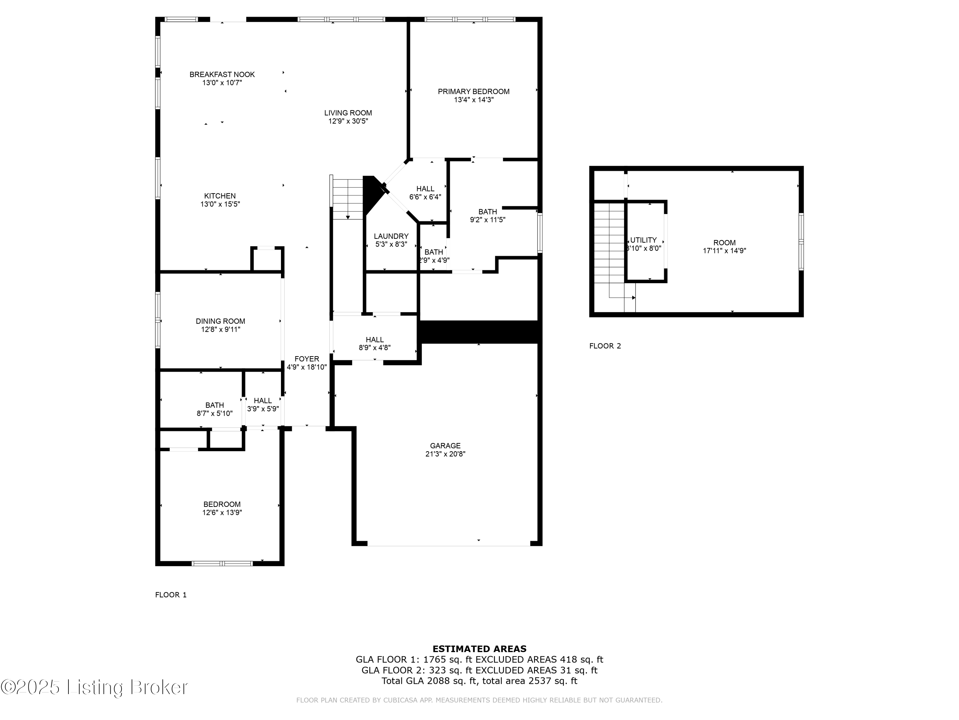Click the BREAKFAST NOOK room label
click(x=222, y=75)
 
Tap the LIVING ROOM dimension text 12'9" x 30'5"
click(x=348, y=121)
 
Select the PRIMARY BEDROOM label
click(x=473, y=92)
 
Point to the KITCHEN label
click(x=220, y=196)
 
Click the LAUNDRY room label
click(x=391, y=236)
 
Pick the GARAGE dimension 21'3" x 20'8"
click(x=445, y=454)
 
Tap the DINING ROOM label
click(x=220, y=321)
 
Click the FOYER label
click(x=307, y=359)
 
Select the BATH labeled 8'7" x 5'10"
click(x=214, y=405)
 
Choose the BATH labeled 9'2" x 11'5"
click(x=487, y=212)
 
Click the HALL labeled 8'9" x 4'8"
click(x=375, y=340)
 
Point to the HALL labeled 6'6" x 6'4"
click(x=425, y=189)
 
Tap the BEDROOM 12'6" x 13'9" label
click(x=222, y=504)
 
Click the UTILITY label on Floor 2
click(x=643, y=240)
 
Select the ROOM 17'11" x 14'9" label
click(x=724, y=243)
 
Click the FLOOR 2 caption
click(x=605, y=346)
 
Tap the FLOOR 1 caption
click(x=171, y=595)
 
